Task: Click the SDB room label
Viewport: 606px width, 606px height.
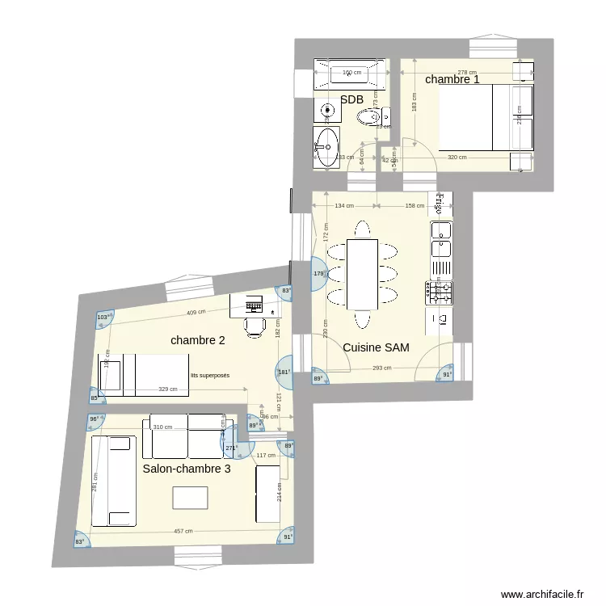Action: coord(351,99)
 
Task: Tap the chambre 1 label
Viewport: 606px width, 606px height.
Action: coord(452,79)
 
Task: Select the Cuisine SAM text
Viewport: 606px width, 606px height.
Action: coord(376,347)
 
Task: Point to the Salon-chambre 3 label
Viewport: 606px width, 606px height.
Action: coord(187,468)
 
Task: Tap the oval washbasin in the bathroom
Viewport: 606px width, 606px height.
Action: coord(328,146)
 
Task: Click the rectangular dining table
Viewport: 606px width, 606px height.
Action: coord(360,275)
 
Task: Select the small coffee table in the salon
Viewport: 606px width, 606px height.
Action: coord(190,499)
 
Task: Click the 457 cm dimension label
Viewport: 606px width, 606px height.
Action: coord(183,531)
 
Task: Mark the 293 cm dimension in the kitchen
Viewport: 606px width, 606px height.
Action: coord(383,368)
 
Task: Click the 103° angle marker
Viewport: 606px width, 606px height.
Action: coord(103,318)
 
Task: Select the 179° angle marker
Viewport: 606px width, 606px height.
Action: coord(318,274)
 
